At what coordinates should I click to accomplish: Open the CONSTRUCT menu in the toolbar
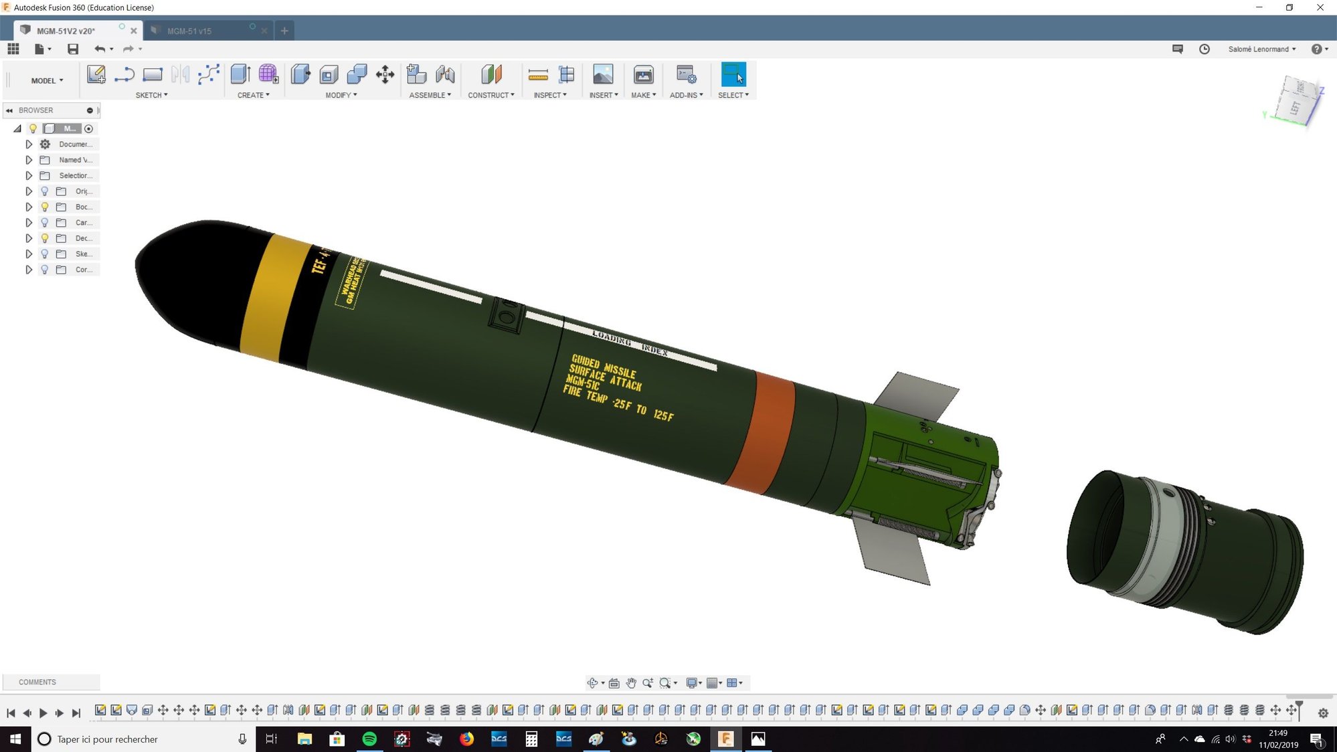pyautogui.click(x=491, y=95)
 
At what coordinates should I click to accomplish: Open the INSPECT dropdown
pyautogui.click(x=550, y=95)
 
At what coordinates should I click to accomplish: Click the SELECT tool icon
pyautogui.click(x=733, y=75)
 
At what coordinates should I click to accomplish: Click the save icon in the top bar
pyautogui.click(x=73, y=49)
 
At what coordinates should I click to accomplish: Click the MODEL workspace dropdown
pyautogui.click(x=47, y=80)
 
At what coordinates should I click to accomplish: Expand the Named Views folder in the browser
pyautogui.click(x=29, y=160)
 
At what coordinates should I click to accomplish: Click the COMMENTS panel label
pyautogui.click(x=37, y=682)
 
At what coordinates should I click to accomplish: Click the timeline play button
pyautogui.click(x=43, y=713)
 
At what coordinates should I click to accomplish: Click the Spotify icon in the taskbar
pyautogui.click(x=369, y=739)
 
